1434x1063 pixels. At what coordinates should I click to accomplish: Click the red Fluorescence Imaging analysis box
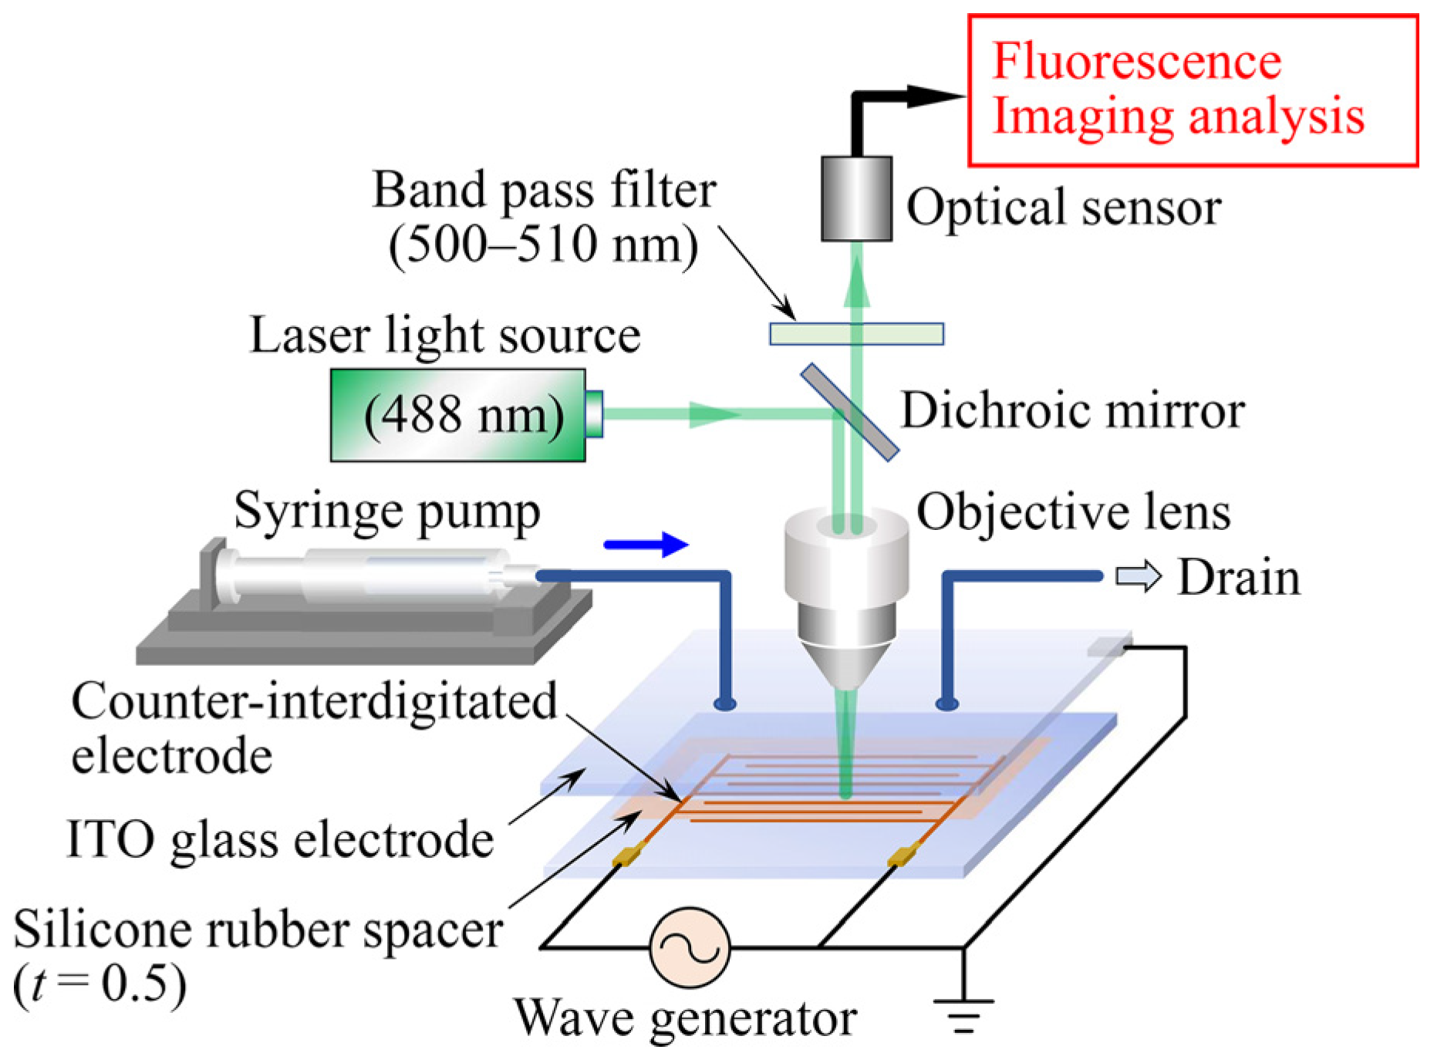point(1193,90)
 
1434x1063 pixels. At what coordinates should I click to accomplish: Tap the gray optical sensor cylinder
point(856,199)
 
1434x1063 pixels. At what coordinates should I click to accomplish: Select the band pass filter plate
point(856,333)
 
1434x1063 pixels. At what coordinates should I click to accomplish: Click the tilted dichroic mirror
point(849,412)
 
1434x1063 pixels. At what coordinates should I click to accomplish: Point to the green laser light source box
point(457,415)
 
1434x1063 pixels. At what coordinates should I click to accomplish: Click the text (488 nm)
point(464,415)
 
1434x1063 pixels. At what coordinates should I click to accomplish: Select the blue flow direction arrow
point(646,545)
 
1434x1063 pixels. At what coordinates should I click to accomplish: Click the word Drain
point(1239,577)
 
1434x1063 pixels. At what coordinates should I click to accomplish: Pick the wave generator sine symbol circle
point(690,947)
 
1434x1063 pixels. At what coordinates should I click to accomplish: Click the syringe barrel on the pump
point(363,575)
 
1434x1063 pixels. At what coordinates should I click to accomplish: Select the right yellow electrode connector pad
point(902,855)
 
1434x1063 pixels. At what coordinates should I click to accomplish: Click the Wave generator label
point(685,1018)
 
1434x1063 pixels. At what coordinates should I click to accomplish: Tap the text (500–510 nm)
point(543,245)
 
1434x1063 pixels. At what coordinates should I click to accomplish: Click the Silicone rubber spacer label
point(258,929)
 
